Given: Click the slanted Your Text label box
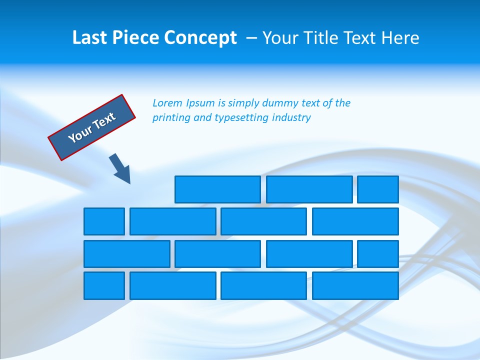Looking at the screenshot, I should click(x=92, y=127).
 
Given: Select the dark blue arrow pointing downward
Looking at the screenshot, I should click(x=120, y=168).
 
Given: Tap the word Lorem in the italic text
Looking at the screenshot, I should click(x=167, y=103).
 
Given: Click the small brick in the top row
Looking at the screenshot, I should click(x=378, y=189).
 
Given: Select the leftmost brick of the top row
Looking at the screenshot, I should click(x=217, y=189).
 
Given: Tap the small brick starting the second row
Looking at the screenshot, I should click(x=104, y=221).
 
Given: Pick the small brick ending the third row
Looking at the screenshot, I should click(x=378, y=254).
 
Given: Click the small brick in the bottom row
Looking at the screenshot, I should click(x=104, y=286).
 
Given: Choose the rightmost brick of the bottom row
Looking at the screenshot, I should click(x=355, y=286).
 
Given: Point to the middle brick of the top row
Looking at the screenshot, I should click(x=309, y=189).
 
